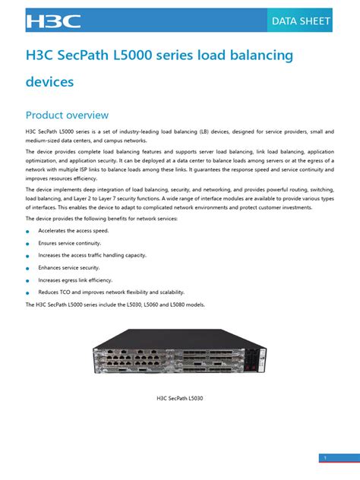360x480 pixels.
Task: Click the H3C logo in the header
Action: tap(53, 21)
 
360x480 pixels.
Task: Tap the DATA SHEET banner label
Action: tap(301, 21)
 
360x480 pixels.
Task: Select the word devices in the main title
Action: tap(49, 80)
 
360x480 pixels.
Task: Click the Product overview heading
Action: tap(67, 115)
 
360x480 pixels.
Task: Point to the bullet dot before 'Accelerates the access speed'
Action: tap(27, 232)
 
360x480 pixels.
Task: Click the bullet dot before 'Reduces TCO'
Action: tap(27, 292)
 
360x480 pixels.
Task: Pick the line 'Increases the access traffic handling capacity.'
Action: tap(92, 255)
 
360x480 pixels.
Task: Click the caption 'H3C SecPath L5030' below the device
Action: tap(180, 397)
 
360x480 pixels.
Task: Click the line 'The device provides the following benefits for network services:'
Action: tap(102, 219)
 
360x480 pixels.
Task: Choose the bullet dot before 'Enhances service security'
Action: tap(27, 268)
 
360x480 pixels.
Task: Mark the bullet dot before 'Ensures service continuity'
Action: tap(27, 244)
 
